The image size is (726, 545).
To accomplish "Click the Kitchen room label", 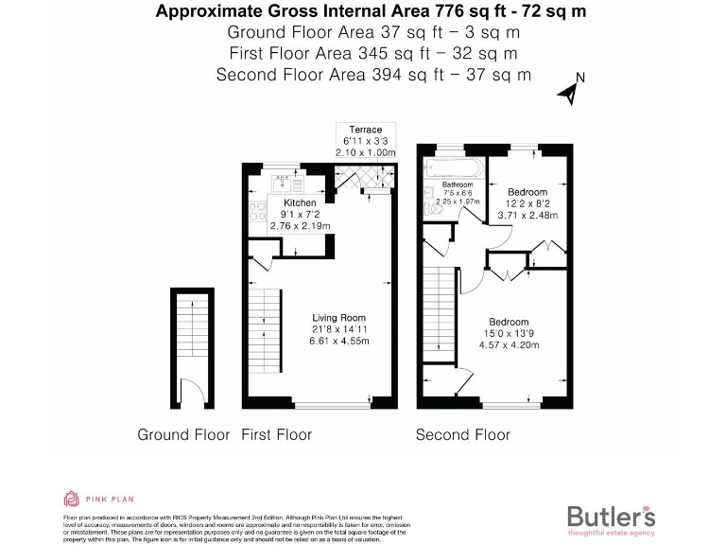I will tap(300, 202).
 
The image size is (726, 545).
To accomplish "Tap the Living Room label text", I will tap(338, 318).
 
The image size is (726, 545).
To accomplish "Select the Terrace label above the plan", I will tap(365, 130).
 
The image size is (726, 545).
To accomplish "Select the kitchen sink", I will tap(281, 185).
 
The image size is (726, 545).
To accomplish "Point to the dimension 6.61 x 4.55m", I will tap(338, 341).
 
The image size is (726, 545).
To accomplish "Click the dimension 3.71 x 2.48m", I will tap(527, 216).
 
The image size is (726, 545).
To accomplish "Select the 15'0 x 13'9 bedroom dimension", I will tap(509, 334).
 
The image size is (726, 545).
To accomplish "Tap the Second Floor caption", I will tap(463, 435).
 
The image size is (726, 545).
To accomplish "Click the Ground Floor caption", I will tap(183, 435).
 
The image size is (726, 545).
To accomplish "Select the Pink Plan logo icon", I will tap(71, 499).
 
